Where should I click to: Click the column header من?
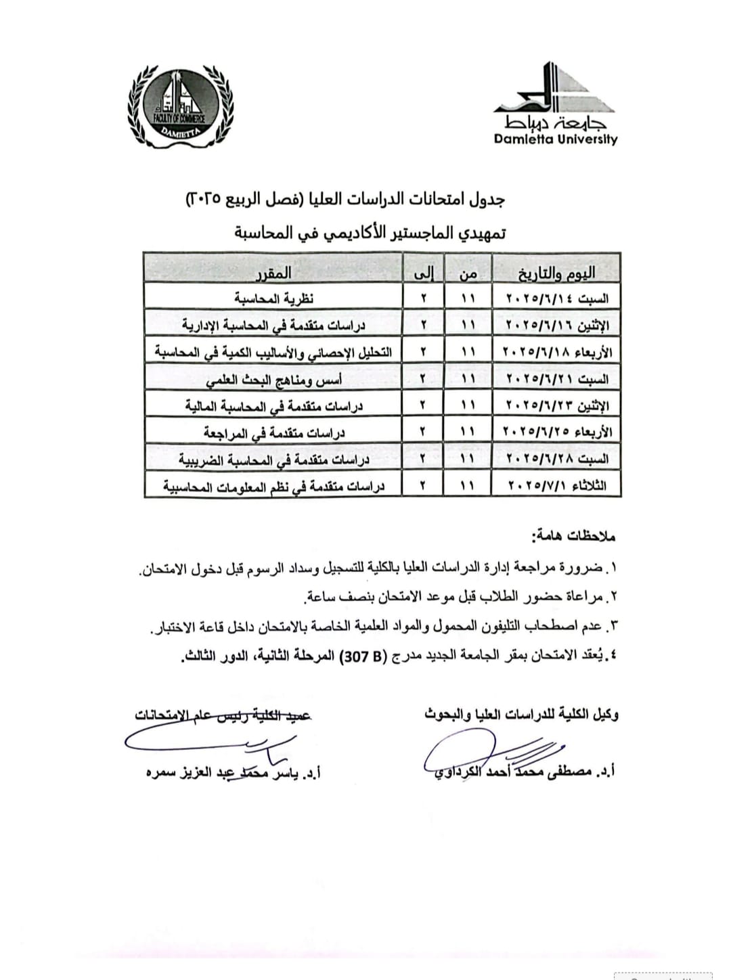468,273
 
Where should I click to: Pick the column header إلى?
424,273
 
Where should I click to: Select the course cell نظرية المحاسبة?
273,298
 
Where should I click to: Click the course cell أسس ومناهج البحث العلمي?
273,379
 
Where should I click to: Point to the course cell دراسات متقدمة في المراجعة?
273,432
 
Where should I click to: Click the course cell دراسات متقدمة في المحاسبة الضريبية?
273,460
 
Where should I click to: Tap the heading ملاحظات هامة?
573,537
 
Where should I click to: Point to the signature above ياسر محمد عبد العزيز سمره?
217,743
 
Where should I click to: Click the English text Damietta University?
555,139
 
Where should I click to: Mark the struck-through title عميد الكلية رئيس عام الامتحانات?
223,716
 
